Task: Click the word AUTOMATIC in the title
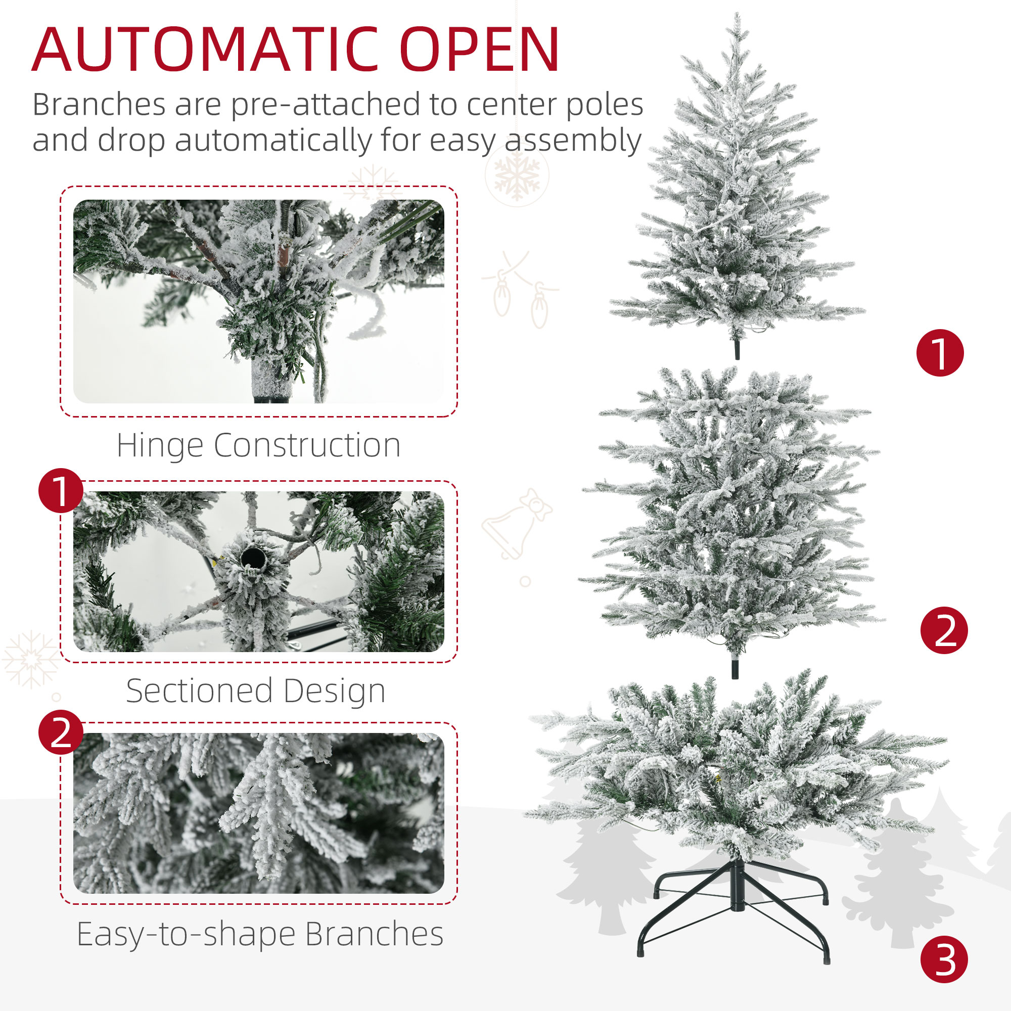(x=204, y=50)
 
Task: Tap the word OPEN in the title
(x=479, y=50)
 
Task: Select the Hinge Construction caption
(x=258, y=445)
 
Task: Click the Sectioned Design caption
(x=256, y=691)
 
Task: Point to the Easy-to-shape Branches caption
(x=260, y=934)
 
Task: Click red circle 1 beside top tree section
(x=940, y=353)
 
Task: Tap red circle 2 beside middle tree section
(x=944, y=630)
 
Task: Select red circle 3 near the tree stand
(x=944, y=960)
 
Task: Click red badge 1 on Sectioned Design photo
(x=61, y=491)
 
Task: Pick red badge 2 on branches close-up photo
(x=61, y=732)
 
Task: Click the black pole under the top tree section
(x=738, y=348)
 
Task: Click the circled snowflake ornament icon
(x=517, y=175)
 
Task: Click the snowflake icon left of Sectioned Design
(x=31, y=659)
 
